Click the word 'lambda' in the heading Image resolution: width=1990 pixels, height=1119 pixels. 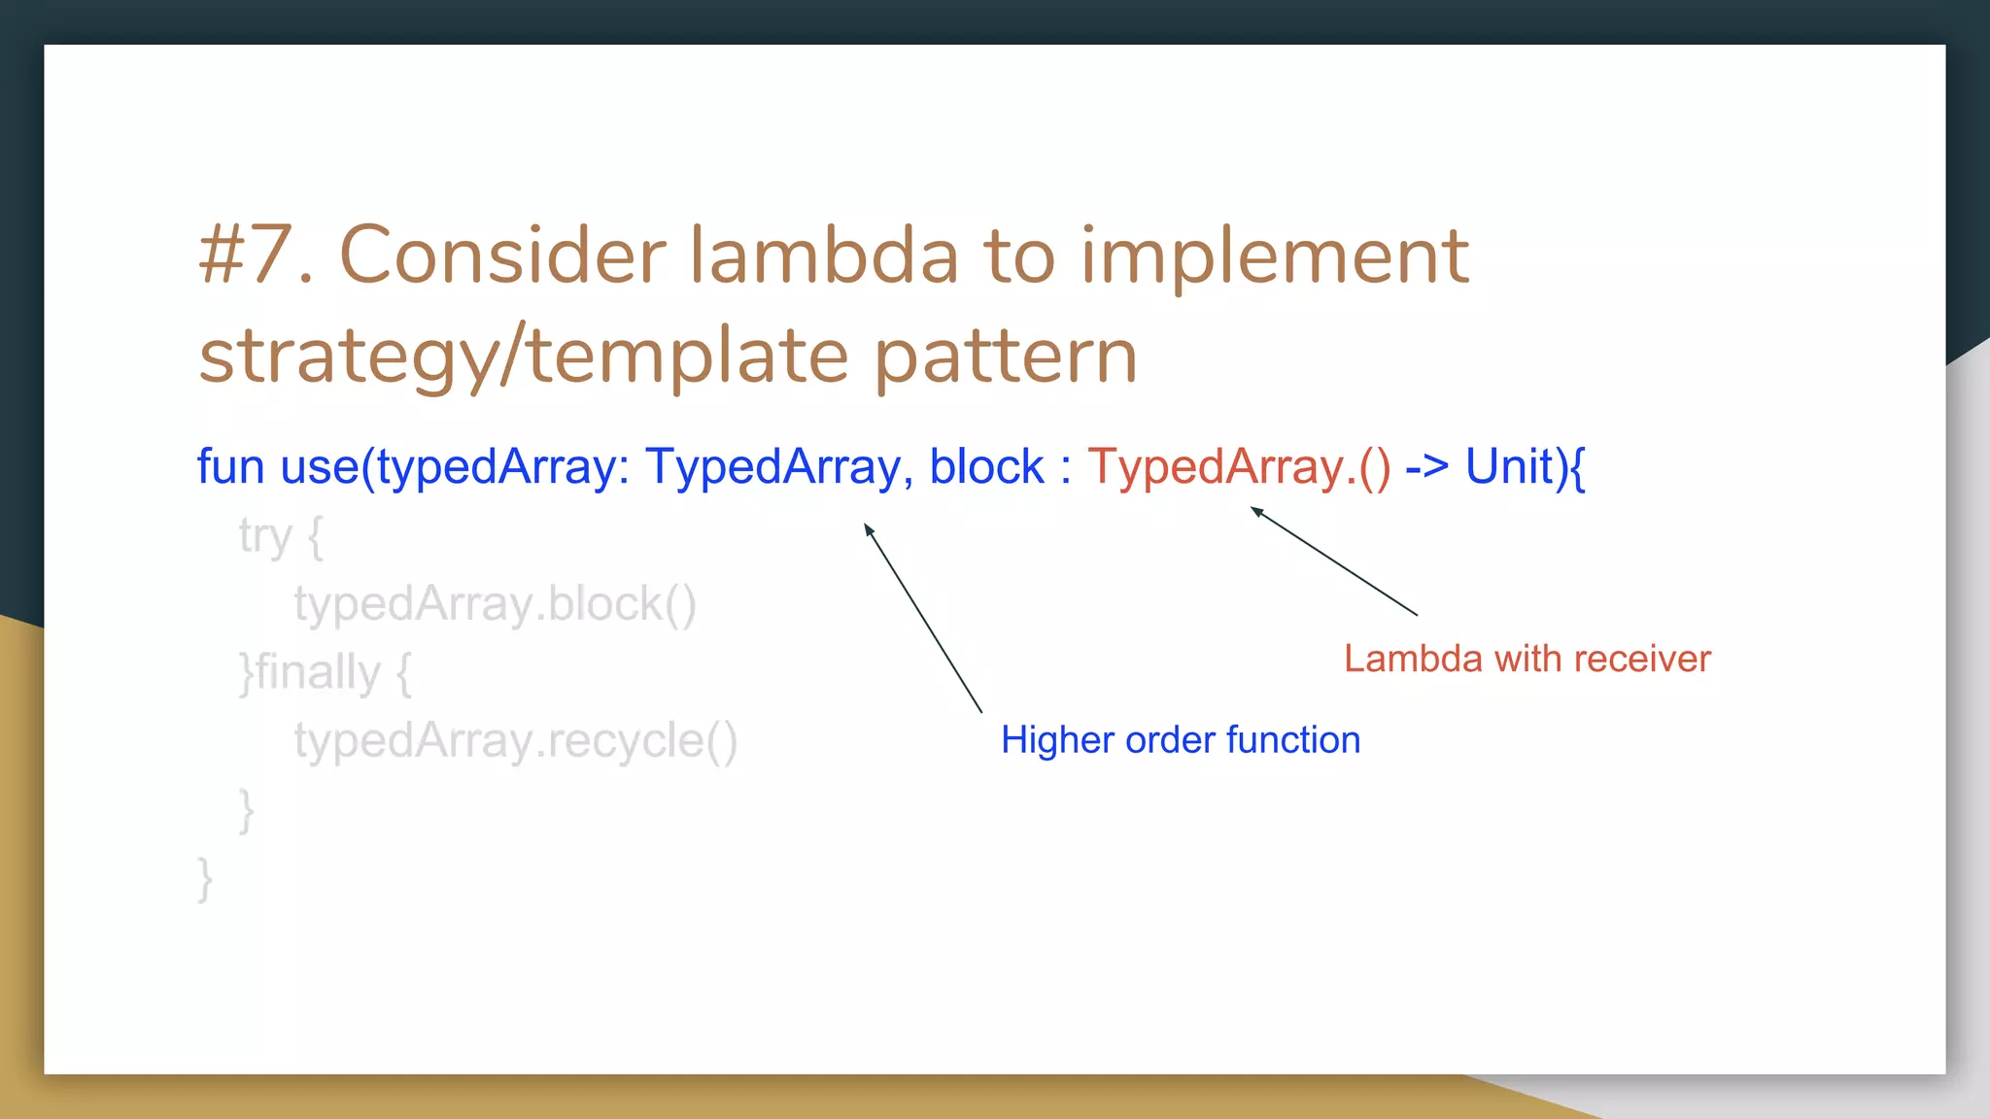pos(824,256)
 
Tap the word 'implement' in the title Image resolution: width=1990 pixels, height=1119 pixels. pos(1274,256)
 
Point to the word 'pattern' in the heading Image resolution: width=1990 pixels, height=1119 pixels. pos(1005,357)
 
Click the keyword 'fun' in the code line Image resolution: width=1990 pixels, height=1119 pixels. pos(230,467)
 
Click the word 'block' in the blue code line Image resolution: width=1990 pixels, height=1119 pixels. pos(985,467)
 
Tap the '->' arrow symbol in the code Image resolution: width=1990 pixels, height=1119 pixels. pos(1426,467)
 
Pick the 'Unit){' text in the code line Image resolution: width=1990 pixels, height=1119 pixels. pos(1525,467)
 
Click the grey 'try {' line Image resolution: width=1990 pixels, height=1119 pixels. pos(281,536)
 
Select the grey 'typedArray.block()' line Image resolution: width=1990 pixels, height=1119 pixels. pos(495,604)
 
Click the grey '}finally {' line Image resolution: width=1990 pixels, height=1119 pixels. pos(326,672)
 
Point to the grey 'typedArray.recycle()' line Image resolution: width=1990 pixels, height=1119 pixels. pos(516,741)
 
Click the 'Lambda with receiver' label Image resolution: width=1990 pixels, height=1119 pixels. pos(1527,660)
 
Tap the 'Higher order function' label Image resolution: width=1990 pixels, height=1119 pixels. pos(1180,740)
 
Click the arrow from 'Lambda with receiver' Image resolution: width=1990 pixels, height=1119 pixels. pos(1334,561)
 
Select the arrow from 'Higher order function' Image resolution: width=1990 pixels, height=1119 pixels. pos(923,619)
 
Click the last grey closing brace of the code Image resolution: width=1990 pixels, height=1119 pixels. pos(204,879)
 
